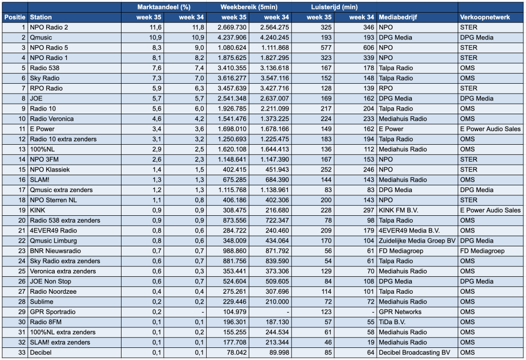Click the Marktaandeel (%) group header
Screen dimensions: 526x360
pyautogui.click(x=164, y=7)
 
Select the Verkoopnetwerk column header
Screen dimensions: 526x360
pyautogui.click(x=485, y=17)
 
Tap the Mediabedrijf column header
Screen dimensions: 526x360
pyautogui.click(x=398, y=17)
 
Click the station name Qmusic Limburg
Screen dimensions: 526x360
pyautogui.click(x=53, y=241)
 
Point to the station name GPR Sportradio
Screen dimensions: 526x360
pyautogui.click(x=53, y=312)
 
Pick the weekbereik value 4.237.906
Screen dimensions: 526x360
pyautogui.click(x=232, y=37)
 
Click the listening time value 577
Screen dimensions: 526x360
pyautogui.click(x=326, y=48)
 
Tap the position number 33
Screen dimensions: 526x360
pyautogui.click(x=22, y=352)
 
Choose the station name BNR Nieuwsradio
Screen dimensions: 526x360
pyautogui.click(x=55, y=251)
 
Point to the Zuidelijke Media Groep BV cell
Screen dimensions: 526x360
pyautogui.click(x=417, y=241)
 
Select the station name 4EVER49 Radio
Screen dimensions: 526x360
pyautogui.click(x=53, y=231)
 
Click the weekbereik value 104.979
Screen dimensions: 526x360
pyautogui.click(x=235, y=312)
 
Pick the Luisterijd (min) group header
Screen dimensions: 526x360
pyautogui.click(x=334, y=7)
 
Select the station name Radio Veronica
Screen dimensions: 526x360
pyautogui.click(x=52, y=119)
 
